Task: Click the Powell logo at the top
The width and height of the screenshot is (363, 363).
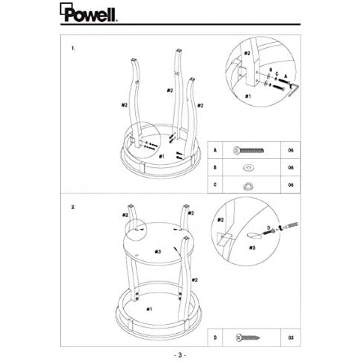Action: click(x=88, y=13)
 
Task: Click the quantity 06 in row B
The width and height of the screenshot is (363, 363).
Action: click(x=291, y=168)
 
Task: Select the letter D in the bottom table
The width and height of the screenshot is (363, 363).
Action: click(x=215, y=337)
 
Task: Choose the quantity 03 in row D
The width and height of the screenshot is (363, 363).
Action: click(x=291, y=337)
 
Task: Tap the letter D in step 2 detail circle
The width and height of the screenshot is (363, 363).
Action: click(x=268, y=226)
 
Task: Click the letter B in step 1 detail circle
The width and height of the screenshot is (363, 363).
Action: click(x=270, y=69)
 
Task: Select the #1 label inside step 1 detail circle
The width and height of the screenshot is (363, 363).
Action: click(x=248, y=97)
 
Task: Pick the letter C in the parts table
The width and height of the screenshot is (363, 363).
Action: click(x=215, y=185)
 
